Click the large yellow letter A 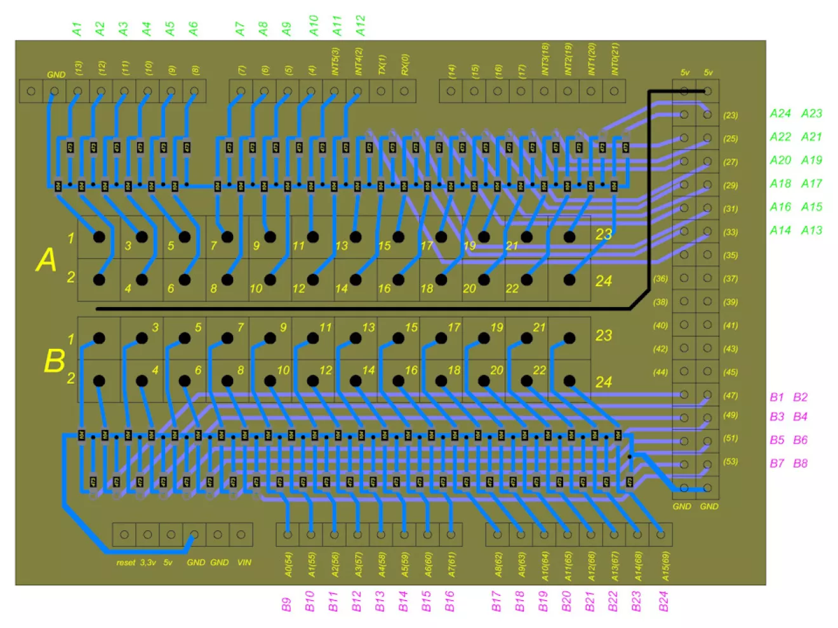click(46, 260)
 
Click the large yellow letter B click(55, 361)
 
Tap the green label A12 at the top click(361, 25)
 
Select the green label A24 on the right click(780, 114)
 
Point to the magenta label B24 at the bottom click(663, 601)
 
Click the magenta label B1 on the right click(777, 397)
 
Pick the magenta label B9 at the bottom click(286, 604)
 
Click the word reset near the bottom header click(126, 563)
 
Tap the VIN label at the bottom click(244, 563)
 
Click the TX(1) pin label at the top click(382, 65)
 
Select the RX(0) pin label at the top click(405, 65)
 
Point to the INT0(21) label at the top click(615, 59)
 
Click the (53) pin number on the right click(731, 461)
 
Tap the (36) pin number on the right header click(660, 278)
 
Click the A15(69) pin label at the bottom click(665, 566)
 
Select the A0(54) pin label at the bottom click(288, 565)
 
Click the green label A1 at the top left click(77, 29)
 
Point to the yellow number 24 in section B click(604, 382)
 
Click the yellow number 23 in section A click(604, 235)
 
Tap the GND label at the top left click(56, 75)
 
